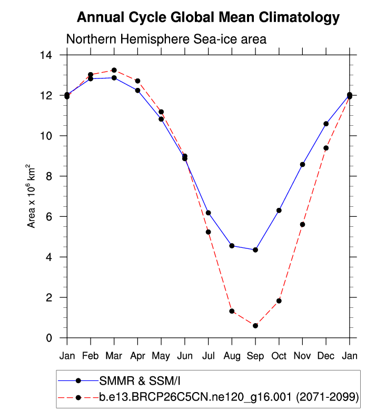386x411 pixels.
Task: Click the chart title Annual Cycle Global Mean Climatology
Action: point(208,17)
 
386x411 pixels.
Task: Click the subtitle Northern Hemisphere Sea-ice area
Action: point(166,39)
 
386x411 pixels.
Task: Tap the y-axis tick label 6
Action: point(56,217)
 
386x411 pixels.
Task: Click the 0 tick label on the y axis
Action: point(56,338)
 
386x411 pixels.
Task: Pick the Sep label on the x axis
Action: point(255,356)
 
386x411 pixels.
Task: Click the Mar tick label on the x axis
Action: point(114,356)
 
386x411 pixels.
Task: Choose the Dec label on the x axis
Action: point(326,356)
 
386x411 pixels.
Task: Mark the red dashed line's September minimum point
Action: point(255,326)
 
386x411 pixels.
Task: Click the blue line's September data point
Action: point(255,249)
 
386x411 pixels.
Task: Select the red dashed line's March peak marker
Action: point(114,70)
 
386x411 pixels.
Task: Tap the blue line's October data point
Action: point(279,210)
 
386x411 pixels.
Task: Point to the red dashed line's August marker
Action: point(232,311)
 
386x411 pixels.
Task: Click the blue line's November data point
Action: point(302,164)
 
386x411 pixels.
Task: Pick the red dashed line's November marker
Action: point(302,224)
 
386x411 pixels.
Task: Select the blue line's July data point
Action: point(208,213)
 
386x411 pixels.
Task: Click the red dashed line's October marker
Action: point(279,300)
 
